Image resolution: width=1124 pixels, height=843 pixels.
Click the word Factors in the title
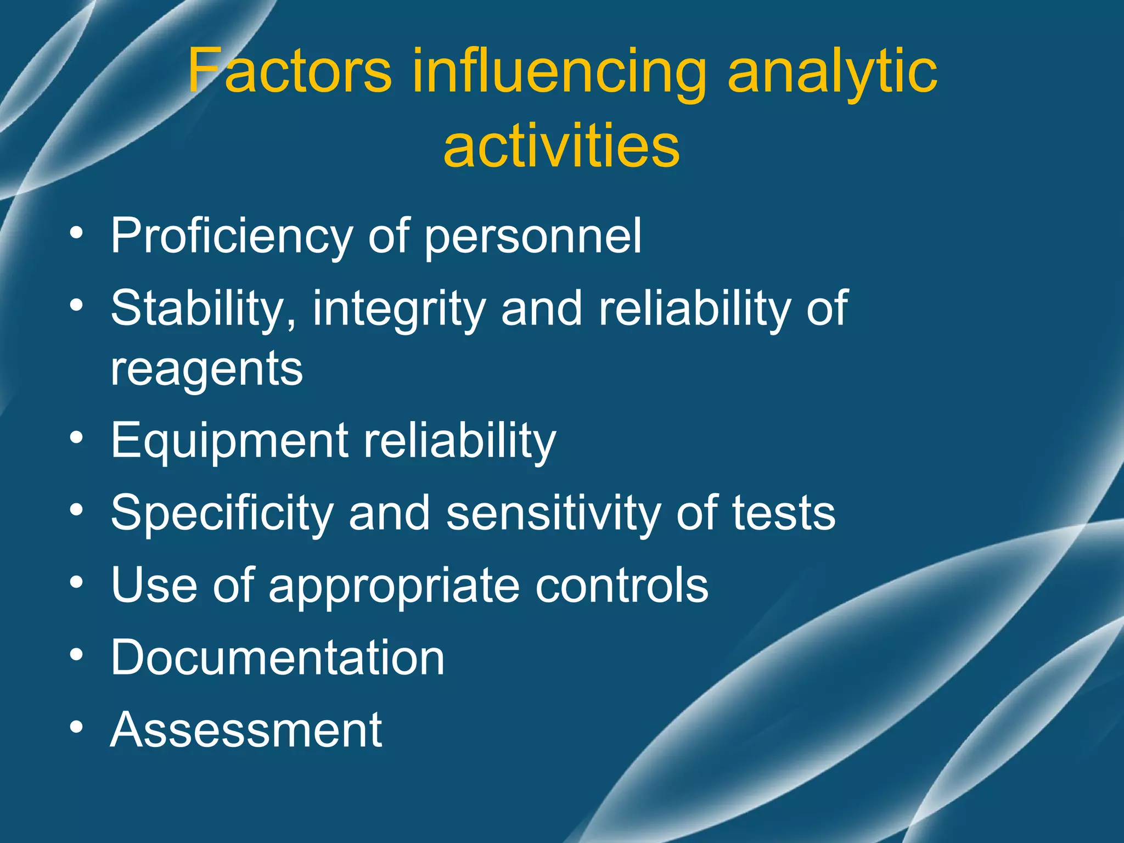click(x=290, y=71)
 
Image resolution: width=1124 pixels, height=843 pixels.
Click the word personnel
click(x=533, y=237)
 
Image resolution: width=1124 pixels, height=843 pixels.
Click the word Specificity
click(x=222, y=514)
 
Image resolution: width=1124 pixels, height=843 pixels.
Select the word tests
click(x=784, y=513)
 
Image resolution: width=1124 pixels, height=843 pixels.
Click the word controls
click(x=622, y=585)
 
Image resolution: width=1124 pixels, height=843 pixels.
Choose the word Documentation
click(x=277, y=657)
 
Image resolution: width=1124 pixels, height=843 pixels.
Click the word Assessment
click(x=246, y=730)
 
